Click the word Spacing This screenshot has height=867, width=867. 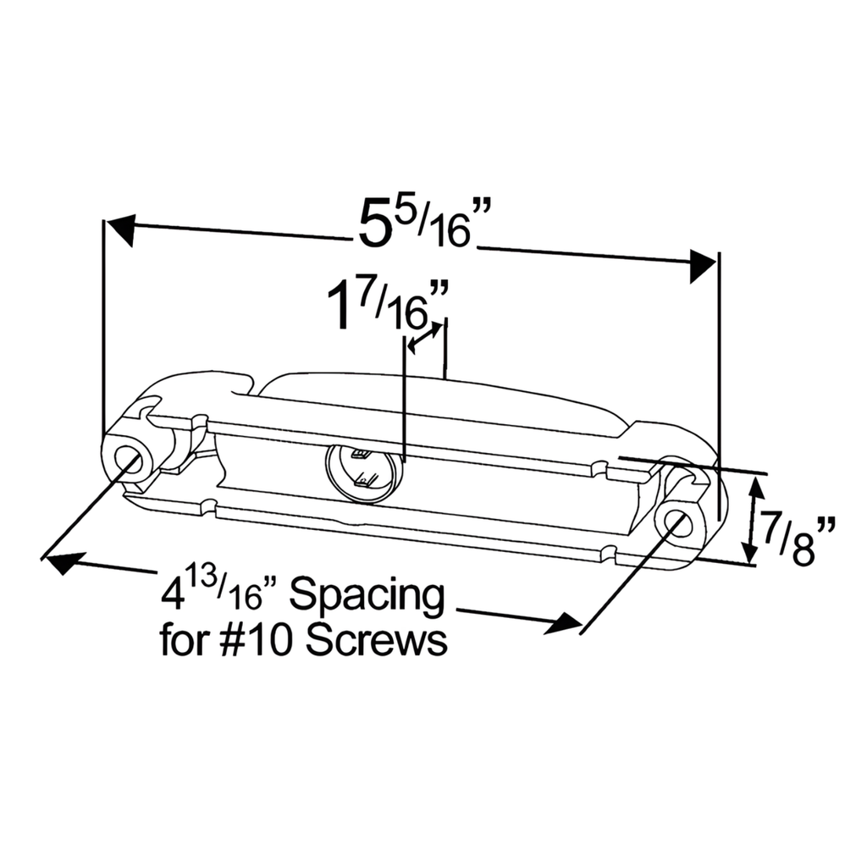(x=367, y=598)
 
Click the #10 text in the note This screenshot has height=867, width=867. (x=258, y=641)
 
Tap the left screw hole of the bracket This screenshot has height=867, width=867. (x=130, y=462)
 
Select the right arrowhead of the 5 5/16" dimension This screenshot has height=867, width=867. (x=703, y=266)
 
